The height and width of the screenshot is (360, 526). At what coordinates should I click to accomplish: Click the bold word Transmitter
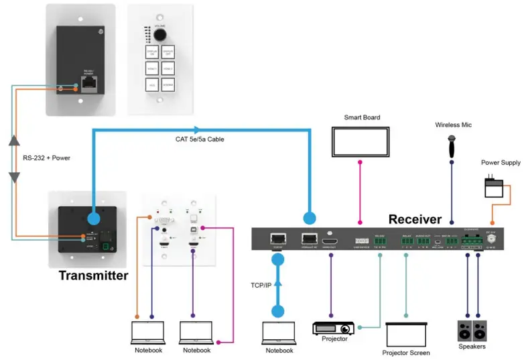92,276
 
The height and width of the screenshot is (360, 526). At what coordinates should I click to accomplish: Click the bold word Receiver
415,219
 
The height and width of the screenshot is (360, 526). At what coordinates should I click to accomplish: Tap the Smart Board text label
362,118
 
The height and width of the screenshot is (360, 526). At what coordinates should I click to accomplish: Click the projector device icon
334,328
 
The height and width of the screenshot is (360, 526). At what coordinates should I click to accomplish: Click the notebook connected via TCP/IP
279,333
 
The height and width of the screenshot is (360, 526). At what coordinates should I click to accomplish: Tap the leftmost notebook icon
147,333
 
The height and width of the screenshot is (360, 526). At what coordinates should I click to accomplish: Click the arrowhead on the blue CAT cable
196,130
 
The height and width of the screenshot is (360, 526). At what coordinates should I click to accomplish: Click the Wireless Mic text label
453,125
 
